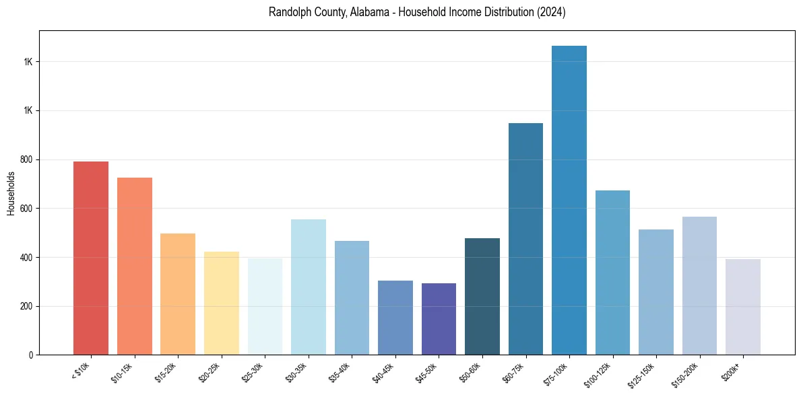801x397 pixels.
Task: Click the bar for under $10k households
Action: [x=91, y=258]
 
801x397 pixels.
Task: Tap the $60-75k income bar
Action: [x=525, y=239]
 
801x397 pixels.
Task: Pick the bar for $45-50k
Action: [x=439, y=319]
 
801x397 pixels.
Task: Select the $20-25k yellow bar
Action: [x=222, y=303]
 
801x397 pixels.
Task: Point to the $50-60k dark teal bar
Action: [x=482, y=297]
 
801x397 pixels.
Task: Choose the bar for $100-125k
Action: [x=612, y=273]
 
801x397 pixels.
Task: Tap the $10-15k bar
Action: [x=135, y=266]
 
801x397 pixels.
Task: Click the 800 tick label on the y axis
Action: [x=26, y=159]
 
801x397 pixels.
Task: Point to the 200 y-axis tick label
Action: [x=26, y=306]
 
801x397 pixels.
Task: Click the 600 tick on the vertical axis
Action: [x=26, y=209]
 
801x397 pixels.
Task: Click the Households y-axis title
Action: [x=11, y=193]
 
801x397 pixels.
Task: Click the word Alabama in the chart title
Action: [x=369, y=13]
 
